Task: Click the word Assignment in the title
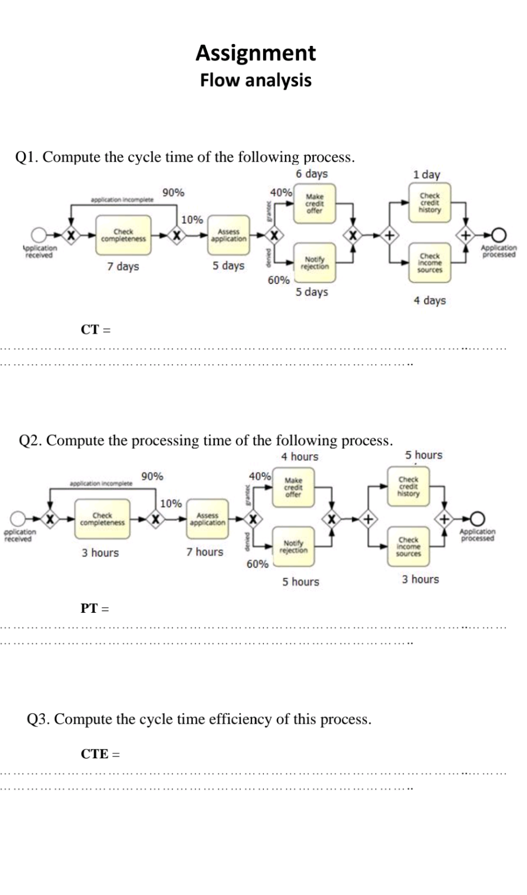256,53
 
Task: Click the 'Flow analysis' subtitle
256,80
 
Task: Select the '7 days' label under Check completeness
123,267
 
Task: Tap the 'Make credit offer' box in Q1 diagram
315,204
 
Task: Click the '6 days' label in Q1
311,174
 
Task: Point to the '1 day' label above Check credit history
426,174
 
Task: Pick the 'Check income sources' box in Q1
430,263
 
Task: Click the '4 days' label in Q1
429,300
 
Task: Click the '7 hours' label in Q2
205,552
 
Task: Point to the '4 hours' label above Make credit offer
300,457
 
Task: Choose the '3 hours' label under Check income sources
420,580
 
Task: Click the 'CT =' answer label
96,330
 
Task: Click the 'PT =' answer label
95,608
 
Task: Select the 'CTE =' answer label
100,754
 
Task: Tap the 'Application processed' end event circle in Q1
499,236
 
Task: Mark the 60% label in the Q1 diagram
278,280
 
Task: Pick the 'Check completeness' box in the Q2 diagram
102,520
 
